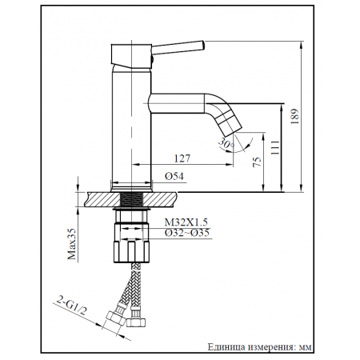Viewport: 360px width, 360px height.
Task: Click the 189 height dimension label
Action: [x=295, y=116]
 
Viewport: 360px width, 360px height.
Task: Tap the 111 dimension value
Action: [x=274, y=147]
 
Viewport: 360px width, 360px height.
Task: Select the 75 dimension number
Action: [x=257, y=162]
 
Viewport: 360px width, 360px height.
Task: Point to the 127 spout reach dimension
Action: [x=182, y=158]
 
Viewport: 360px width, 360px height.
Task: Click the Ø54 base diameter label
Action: [x=174, y=176]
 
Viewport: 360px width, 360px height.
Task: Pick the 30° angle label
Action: [x=226, y=144]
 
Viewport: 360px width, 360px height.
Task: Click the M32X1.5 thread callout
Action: [x=186, y=222]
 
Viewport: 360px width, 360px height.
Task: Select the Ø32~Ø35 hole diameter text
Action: [x=187, y=233]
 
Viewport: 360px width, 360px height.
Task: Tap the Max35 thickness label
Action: [x=72, y=244]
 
